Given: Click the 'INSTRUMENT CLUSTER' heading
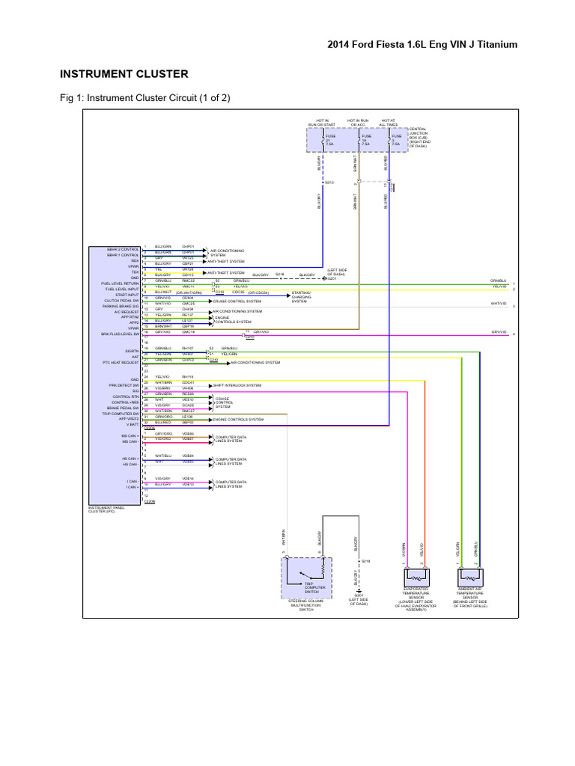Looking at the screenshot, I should click(x=124, y=74).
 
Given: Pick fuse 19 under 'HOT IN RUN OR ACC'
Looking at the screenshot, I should click(x=365, y=140).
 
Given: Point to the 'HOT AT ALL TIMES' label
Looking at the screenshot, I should click(x=389, y=123).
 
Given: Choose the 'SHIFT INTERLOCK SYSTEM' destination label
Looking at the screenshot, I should click(x=237, y=385).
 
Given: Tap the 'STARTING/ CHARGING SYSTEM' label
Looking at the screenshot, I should click(x=302, y=297).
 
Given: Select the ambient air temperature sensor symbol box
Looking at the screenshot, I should click(x=469, y=577).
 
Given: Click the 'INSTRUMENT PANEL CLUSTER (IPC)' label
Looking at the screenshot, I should click(x=109, y=510).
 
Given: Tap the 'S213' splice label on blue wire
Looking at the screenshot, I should click(x=328, y=182).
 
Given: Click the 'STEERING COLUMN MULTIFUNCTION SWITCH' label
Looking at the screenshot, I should click(x=305, y=606).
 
